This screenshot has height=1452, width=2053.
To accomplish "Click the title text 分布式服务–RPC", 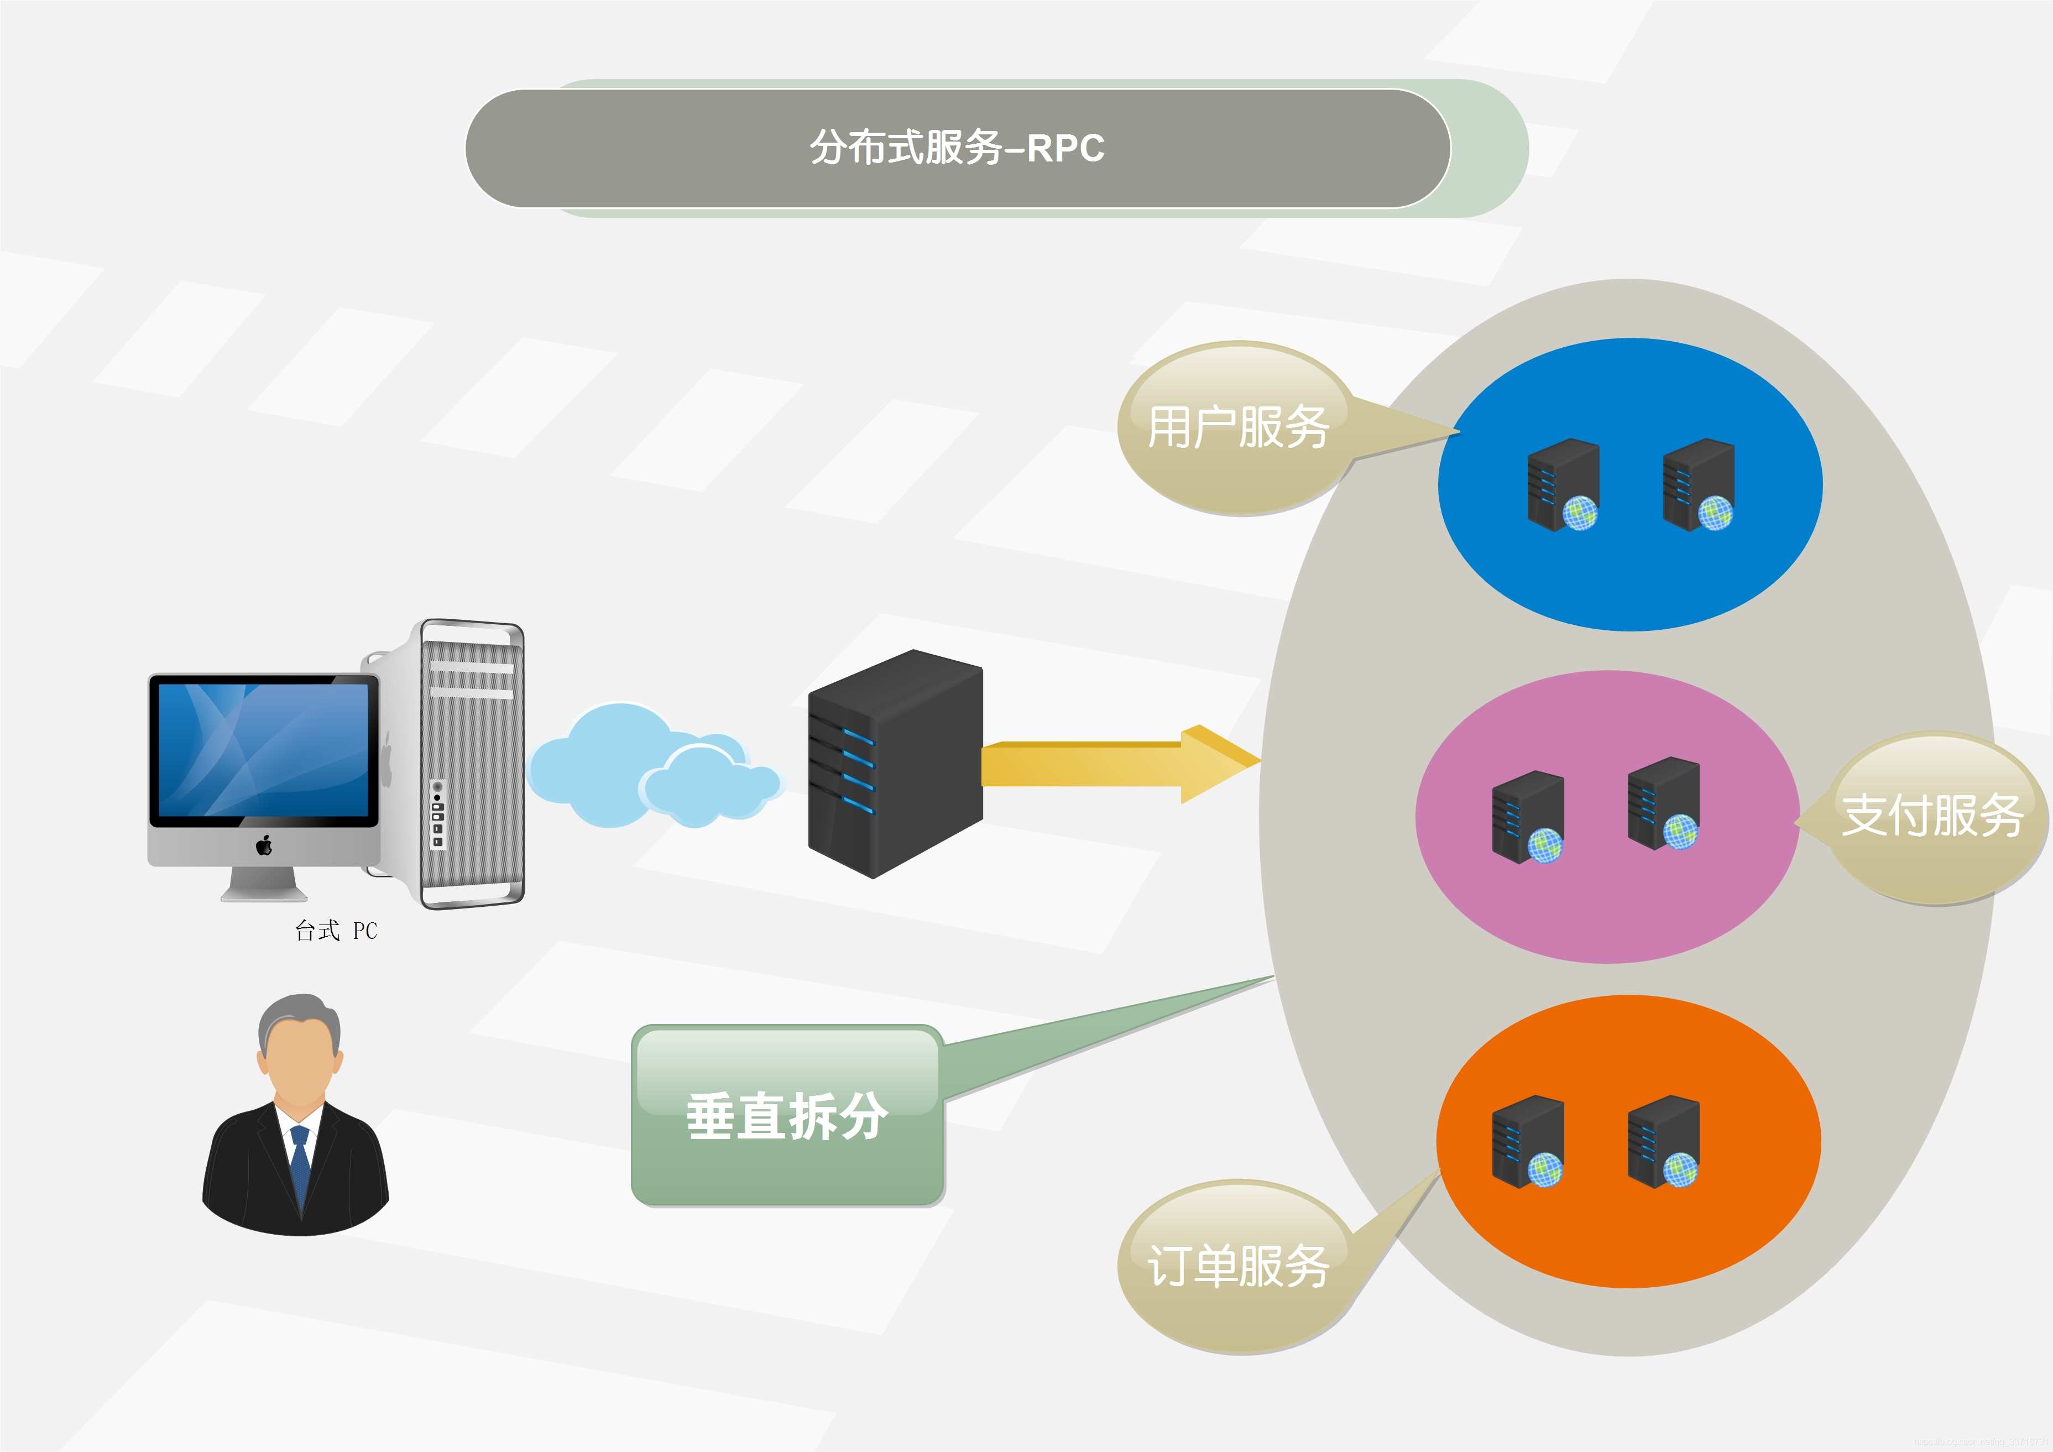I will point(957,148).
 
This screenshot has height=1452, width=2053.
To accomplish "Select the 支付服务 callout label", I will point(1931,816).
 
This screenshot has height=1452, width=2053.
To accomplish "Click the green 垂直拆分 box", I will point(787,1116).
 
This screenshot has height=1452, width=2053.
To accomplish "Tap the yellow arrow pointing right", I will point(1117,765).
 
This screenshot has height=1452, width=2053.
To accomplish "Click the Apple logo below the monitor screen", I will point(264,845).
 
